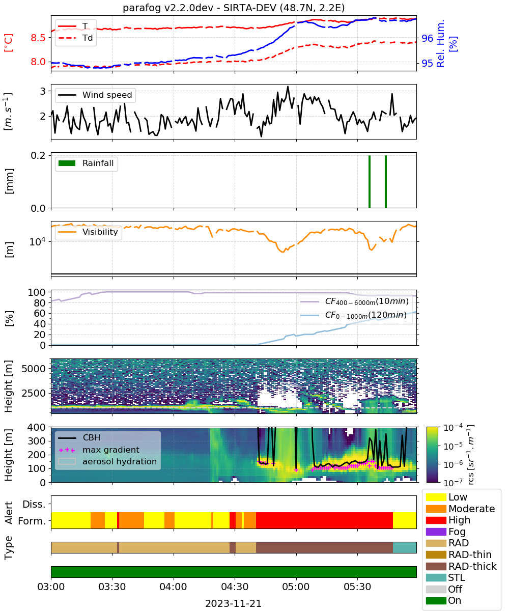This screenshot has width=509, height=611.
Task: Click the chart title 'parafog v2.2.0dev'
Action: pos(168,8)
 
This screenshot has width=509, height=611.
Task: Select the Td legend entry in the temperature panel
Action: pos(75,38)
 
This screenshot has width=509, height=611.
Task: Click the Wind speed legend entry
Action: pos(95,95)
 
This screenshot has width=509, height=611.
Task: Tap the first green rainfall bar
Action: pos(370,181)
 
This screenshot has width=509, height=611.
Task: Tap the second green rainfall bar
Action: pos(386,181)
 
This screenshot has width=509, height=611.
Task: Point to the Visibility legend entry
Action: pos(88,232)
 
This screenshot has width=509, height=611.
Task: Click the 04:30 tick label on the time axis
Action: pos(235,587)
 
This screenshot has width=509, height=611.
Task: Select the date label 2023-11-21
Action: pos(233,603)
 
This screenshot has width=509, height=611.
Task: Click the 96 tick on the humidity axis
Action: pos(427,38)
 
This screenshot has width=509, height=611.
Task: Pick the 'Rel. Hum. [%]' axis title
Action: pos(446,43)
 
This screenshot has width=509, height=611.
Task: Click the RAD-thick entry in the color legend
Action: pos(461,566)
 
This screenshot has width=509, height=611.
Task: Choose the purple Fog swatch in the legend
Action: pos(436,532)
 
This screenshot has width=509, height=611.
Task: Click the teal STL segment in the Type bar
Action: pos(405,547)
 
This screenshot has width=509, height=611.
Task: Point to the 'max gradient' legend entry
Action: pos(99,450)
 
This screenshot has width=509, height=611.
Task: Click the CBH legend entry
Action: pos(79,437)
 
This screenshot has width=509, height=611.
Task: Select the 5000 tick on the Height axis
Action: pos(34,369)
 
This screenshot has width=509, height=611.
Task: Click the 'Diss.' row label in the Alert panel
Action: pos(34,504)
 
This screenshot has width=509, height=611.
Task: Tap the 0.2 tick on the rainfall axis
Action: pos(38,155)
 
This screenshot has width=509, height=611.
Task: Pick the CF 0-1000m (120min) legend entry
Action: pos(354,315)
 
